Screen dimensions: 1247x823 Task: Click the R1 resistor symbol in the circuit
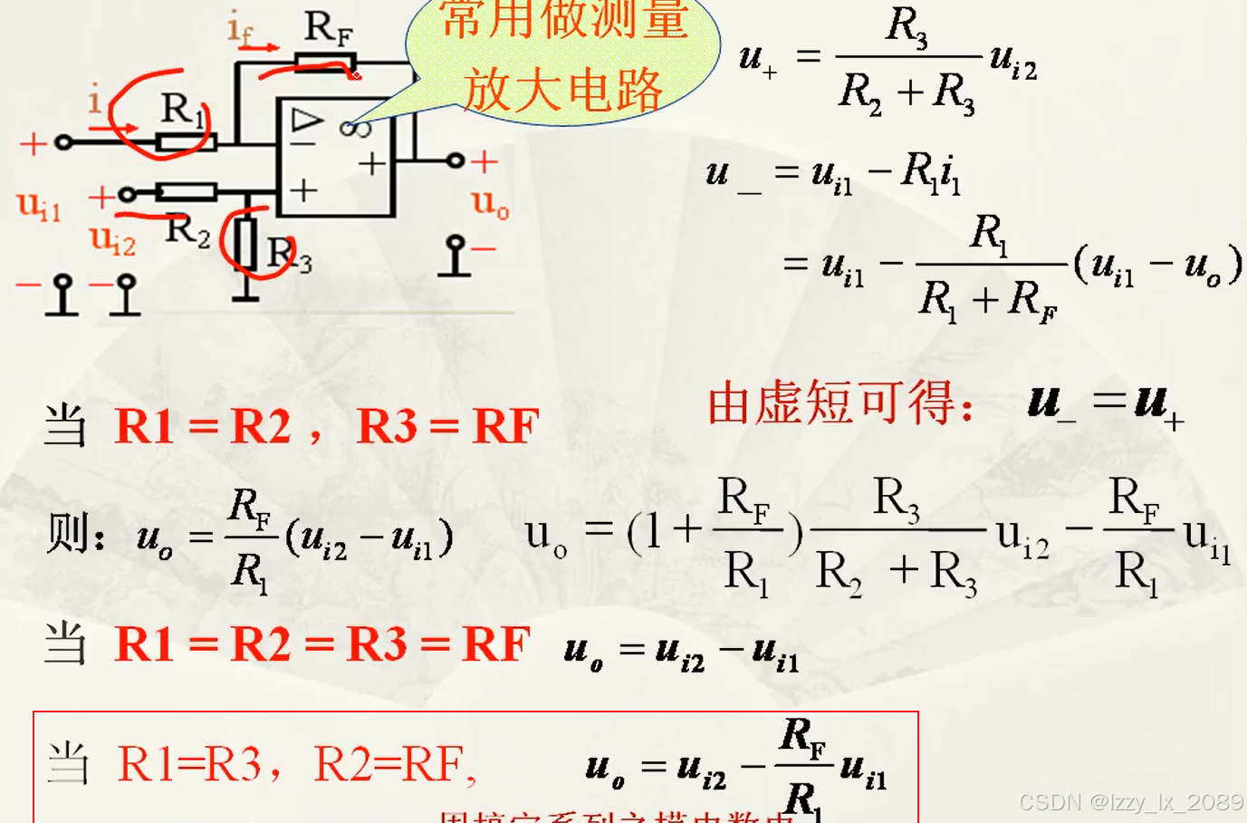point(186,141)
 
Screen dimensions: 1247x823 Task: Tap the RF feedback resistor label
point(327,28)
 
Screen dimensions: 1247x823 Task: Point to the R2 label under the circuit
point(187,230)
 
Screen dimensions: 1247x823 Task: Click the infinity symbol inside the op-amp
point(355,128)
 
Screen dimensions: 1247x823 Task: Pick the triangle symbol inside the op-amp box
point(306,120)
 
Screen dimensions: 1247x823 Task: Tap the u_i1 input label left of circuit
point(39,207)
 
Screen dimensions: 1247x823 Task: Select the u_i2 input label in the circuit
point(112,239)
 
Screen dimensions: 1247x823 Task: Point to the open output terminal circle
point(456,160)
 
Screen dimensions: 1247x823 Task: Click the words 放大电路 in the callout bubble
point(563,90)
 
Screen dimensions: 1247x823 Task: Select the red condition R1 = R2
point(203,426)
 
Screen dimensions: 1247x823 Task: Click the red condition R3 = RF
point(447,426)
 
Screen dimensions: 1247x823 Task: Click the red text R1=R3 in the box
point(189,764)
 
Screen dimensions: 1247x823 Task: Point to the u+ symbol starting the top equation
point(757,59)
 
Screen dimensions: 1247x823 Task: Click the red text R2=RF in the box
point(389,764)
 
